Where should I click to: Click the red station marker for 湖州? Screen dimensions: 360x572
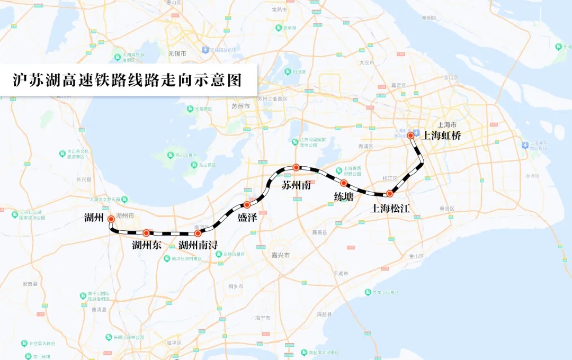[x=111, y=219]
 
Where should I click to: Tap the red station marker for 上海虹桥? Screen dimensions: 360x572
[x=410, y=136]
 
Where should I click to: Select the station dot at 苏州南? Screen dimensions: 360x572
[x=297, y=167]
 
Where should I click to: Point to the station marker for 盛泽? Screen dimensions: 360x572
[x=247, y=205]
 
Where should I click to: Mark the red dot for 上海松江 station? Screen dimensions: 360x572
[x=389, y=194]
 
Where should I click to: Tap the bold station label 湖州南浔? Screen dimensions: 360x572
[x=198, y=245]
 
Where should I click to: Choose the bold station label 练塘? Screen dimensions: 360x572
[x=344, y=196]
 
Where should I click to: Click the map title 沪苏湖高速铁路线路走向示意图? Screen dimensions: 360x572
[x=127, y=80]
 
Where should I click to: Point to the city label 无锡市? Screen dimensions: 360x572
[x=177, y=53]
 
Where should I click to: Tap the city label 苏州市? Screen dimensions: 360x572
[x=241, y=106]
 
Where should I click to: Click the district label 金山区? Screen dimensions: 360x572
[x=417, y=256]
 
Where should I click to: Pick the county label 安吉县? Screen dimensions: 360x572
[x=31, y=284]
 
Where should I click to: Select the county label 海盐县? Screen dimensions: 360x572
[x=324, y=314]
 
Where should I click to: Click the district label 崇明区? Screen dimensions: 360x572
[x=430, y=17]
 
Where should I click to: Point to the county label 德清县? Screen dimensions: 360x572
[x=99, y=309]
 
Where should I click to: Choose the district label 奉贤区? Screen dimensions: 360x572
[x=448, y=209]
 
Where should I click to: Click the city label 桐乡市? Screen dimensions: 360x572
[x=236, y=286]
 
